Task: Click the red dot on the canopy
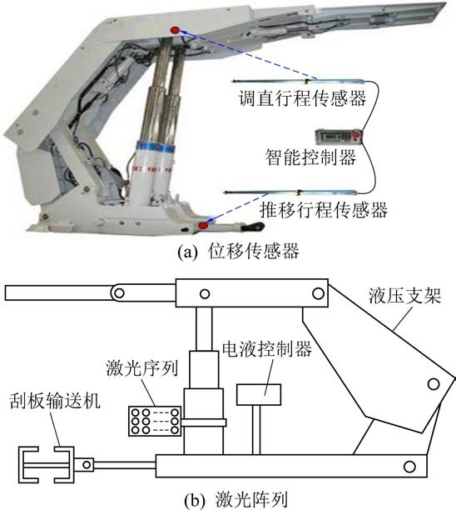click(x=175, y=30)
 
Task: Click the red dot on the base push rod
click(x=203, y=225)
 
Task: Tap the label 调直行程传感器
click(x=302, y=97)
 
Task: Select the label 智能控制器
click(x=311, y=157)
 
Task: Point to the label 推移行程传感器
click(x=324, y=210)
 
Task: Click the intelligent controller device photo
click(x=339, y=136)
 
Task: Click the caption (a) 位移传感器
click(x=238, y=252)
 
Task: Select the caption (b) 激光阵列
click(x=236, y=499)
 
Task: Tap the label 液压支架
click(x=404, y=296)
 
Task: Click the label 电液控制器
click(x=267, y=349)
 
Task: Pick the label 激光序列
click(x=142, y=368)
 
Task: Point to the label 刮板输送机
click(x=55, y=401)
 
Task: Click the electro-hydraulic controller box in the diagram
click(x=259, y=394)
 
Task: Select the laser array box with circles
click(x=155, y=421)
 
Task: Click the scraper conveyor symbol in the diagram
click(x=46, y=464)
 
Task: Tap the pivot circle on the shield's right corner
click(x=434, y=384)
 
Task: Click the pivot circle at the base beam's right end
click(x=409, y=467)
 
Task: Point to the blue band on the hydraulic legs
click(x=156, y=149)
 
